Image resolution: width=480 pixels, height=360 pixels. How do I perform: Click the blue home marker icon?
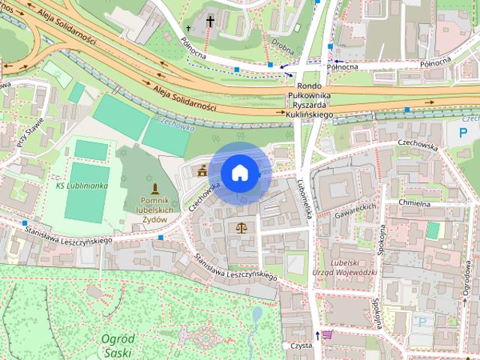239,172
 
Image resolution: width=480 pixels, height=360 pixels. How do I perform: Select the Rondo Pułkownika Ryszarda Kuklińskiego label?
310,100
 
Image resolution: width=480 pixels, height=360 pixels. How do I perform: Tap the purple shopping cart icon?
327,334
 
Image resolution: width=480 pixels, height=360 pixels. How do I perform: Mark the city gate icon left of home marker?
202,172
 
